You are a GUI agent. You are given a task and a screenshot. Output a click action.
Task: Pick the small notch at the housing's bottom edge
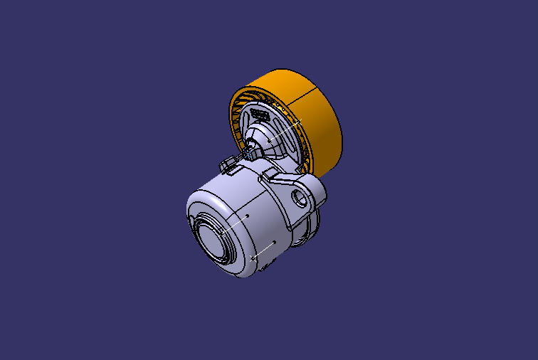(265, 266)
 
